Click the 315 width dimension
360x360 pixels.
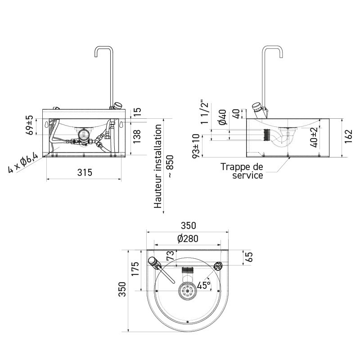coord(84,172)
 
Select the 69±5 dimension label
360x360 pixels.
coord(30,125)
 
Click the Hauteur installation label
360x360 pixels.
coord(157,167)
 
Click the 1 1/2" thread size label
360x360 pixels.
coord(204,113)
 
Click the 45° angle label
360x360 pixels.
coord(203,285)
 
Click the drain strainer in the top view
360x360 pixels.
coord(187,291)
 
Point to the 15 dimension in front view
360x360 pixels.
coord(137,111)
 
